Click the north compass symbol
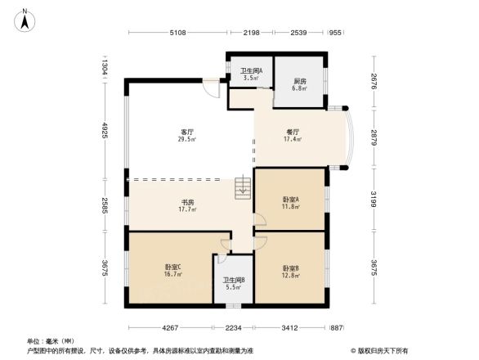[x=25, y=19]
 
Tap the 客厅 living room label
[x=187, y=132]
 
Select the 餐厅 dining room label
[x=292, y=132]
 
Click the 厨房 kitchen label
[x=300, y=81]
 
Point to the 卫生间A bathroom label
[x=250, y=71]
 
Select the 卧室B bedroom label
[x=291, y=268]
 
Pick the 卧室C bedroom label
[x=172, y=268]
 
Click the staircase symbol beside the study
[x=242, y=188]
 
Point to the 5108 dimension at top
[x=178, y=33]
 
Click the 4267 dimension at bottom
[x=169, y=327]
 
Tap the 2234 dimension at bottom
[x=235, y=327]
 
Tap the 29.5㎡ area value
[x=187, y=140]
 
